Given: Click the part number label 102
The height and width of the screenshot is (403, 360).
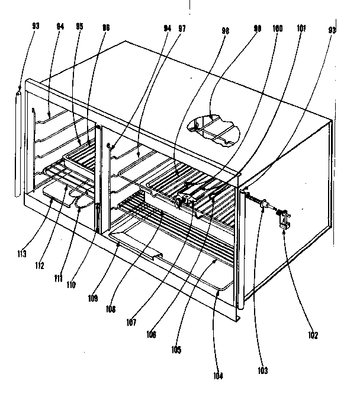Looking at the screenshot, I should click(x=313, y=335).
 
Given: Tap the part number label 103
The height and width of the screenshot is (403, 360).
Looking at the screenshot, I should click(x=262, y=371).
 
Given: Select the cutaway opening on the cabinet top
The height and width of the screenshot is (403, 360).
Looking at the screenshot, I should click(x=214, y=127).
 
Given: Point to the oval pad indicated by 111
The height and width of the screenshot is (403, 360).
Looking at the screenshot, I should click(x=83, y=198).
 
